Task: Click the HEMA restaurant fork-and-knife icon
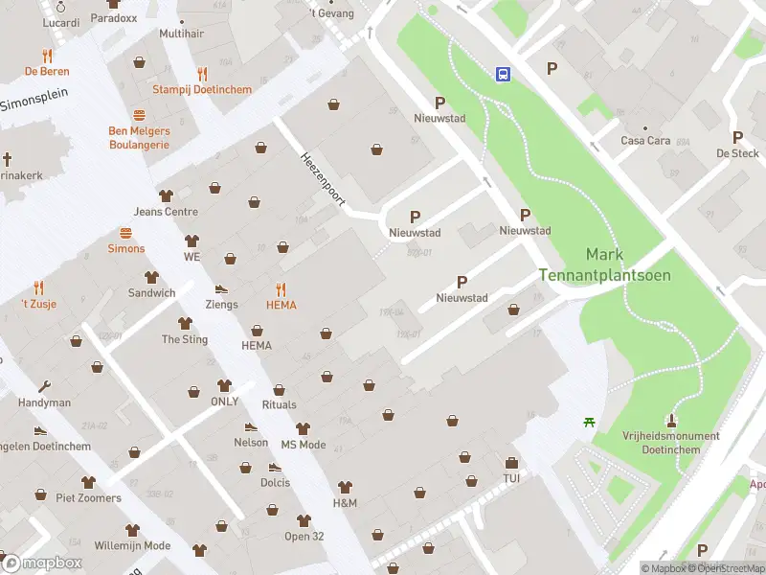tap(281, 288)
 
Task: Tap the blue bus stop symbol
tap(502, 73)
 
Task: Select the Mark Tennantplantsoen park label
tap(604, 264)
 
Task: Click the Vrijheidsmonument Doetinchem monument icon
tap(670, 420)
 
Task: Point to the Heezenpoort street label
tap(321, 178)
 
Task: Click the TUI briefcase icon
tap(511, 463)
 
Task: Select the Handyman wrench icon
tap(44, 386)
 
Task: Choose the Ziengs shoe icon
tap(221, 288)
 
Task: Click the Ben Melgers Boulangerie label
tap(139, 138)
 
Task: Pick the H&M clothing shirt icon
tap(345, 487)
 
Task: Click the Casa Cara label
tap(644, 141)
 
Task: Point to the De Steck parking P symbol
tap(737, 137)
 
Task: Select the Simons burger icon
tap(125, 233)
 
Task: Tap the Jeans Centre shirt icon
tap(166, 195)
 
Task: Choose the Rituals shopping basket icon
tap(279, 389)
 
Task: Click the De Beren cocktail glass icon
tap(47, 56)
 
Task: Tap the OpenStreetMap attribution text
tap(730, 568)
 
